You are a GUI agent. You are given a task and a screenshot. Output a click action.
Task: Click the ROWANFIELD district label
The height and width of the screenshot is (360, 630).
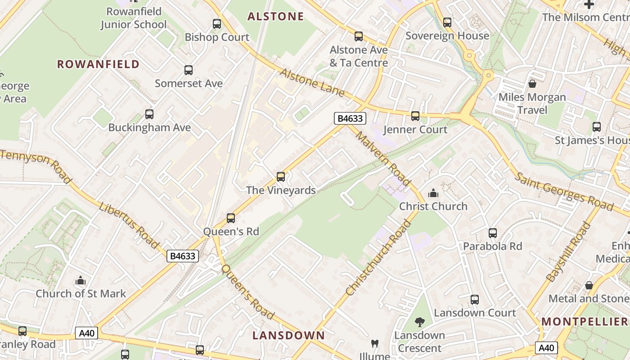pos(98,64)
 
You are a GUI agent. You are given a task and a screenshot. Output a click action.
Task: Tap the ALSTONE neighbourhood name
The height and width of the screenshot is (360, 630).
pos(276,17)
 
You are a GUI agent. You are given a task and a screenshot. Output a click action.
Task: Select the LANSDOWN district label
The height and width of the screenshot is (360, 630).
pos(288,335)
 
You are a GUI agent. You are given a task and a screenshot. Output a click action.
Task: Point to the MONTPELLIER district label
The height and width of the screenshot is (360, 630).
pos(585,321)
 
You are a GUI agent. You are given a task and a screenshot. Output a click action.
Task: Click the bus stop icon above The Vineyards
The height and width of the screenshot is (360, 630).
pos(281,177)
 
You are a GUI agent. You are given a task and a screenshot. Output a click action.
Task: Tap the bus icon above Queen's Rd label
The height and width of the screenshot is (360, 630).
pos(231,218)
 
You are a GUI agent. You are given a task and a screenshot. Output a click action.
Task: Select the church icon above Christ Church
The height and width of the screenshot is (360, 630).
pos(433,193)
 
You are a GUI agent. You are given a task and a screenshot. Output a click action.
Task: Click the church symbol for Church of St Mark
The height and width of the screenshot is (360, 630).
pos(81,281)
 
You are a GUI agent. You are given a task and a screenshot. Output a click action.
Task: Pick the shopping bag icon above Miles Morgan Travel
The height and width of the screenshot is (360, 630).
pos(532,84)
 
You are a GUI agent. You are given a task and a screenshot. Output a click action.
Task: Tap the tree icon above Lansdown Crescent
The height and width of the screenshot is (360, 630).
pos(420,322)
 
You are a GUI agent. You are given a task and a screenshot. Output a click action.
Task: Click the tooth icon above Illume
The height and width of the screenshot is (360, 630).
pos(374,344)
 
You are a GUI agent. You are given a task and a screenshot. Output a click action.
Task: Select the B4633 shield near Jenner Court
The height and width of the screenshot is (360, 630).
pos(350,118)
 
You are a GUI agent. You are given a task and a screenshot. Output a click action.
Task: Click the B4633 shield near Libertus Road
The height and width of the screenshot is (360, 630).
pos(183,256)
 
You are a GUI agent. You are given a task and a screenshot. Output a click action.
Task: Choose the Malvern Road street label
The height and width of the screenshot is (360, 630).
pos(382,158)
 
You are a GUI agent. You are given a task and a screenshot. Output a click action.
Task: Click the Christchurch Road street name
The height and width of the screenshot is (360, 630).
pos(378,258)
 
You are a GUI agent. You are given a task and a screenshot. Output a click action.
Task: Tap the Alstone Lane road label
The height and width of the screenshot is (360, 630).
pos(312,83)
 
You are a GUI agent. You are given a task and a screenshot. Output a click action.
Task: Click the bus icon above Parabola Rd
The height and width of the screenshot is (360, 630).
pos(493,233)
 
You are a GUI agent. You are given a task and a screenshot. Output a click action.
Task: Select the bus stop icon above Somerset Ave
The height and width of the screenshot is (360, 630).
pos(189,70)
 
